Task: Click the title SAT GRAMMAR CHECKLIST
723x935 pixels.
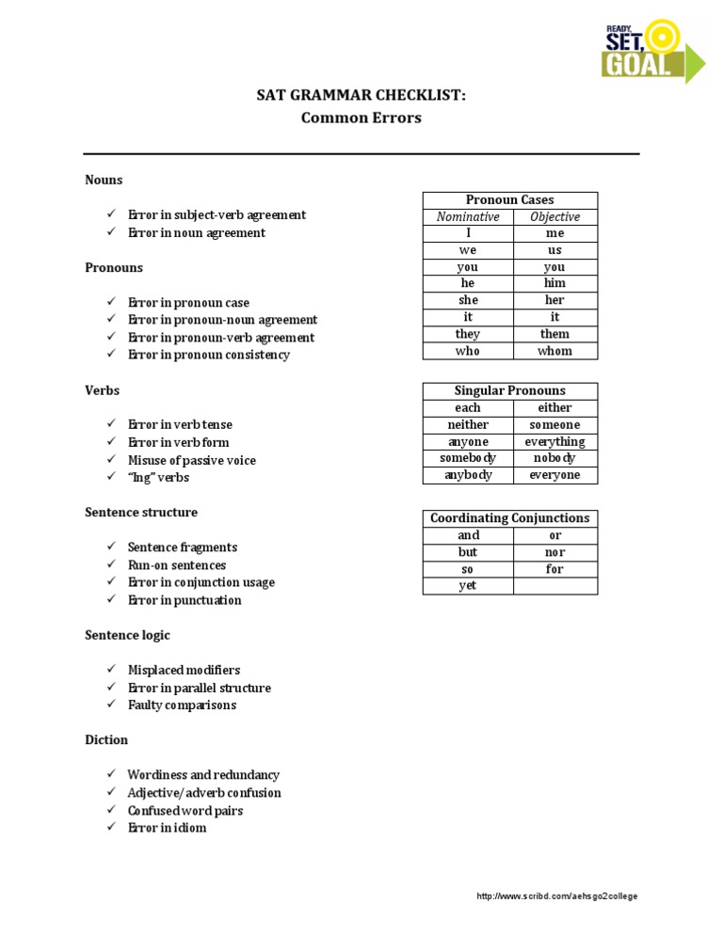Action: tap(361, 96)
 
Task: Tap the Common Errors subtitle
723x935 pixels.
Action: tap(361, 119)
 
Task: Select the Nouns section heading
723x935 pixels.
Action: tap(104, 180)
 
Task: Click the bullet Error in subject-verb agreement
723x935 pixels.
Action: tap(217, 215)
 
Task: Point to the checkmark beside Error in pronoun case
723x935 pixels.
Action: tap(110, 302)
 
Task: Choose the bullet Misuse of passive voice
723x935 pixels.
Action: tap(192, 460)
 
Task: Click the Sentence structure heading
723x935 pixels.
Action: tap(141, 513)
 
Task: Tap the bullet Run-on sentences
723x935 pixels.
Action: tap(177, 565)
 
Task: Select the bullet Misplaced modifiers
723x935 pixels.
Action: tap(184, 671)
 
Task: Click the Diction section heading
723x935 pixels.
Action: tap(106, 740)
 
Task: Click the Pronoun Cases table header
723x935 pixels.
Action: tap(509, 200)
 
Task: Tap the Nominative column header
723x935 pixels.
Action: tap(468, 217)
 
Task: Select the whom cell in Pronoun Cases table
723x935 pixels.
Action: tap(554, 351)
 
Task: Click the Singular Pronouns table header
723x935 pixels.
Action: tap(509, 391)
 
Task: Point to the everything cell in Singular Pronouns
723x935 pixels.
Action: tap(554, 441)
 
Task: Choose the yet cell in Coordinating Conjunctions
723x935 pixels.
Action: tap(468, 586)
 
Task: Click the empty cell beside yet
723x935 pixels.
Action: tap(554, 586)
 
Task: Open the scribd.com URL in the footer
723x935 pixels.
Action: tap(557, 896)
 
